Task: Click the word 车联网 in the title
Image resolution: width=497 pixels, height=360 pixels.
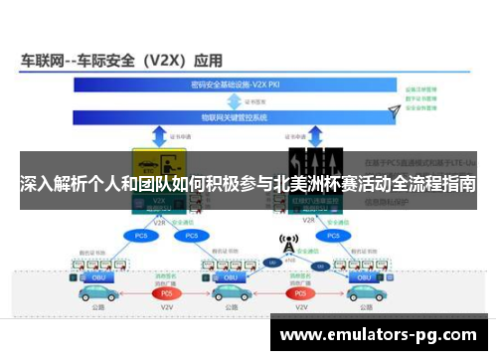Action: (43, 59)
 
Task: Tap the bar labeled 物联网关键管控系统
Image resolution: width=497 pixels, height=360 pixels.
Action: (239, 117)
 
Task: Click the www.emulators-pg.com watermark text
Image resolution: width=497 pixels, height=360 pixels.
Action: (382, 334)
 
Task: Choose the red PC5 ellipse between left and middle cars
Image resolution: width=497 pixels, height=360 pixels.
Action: (167, 293)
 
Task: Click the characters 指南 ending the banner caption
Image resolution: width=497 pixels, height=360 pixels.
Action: (460, 185)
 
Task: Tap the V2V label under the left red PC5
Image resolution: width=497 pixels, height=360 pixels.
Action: (167, 310)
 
